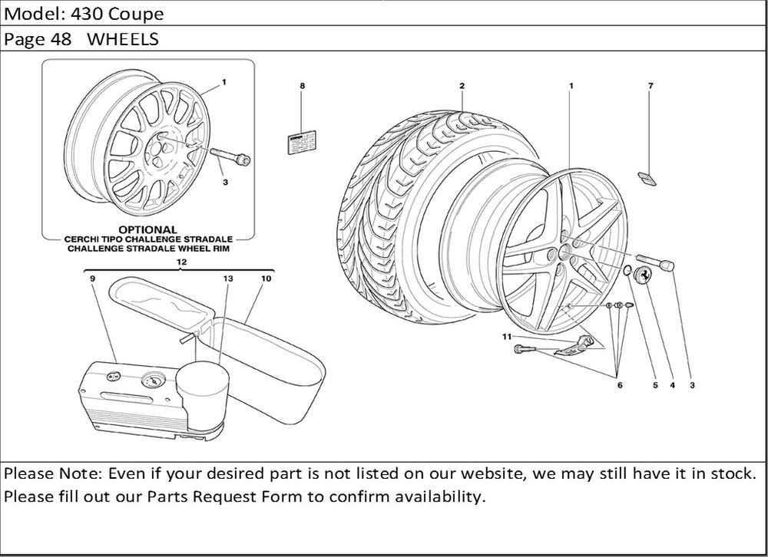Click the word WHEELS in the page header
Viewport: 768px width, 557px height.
click(x=122, y=39)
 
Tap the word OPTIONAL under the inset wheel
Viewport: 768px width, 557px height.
click(x=147, y=229)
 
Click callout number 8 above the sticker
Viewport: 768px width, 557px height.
click(x=302, y=86)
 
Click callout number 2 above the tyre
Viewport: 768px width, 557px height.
click(x=462, y=86)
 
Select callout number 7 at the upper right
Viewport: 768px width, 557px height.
click(x=650, y=86)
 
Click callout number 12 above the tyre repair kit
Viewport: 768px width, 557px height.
click(x=181, y=262)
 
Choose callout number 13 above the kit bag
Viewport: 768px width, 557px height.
click(x=227, y=279)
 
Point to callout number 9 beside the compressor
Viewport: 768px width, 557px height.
click(x=91, y=279)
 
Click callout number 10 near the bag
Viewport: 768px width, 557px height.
click(x=266, y=279)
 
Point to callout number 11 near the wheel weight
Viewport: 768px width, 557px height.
click(x=506, y=336)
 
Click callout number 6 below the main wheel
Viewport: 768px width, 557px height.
click(x=619, y=386)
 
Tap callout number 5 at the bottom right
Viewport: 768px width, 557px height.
click(x=655, y=386)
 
